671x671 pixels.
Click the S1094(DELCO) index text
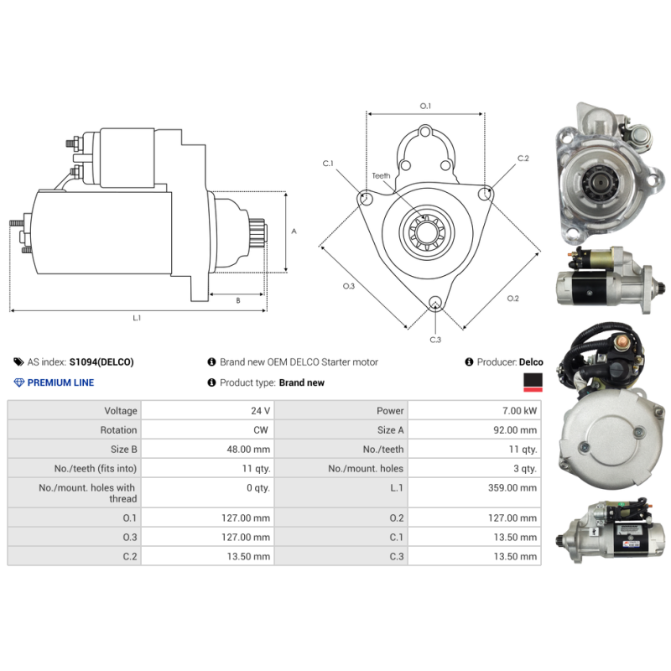[101, 362]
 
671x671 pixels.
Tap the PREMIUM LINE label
[60, 382]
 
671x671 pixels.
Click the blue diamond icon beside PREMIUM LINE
[19, 382]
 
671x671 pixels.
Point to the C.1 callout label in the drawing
[328, 163]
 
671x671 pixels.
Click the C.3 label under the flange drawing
[435, 340]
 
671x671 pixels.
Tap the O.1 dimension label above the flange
[425, 106]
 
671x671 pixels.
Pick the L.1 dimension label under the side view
[137, 319]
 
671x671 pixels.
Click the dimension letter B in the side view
[237, 299]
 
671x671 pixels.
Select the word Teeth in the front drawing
[382, 176]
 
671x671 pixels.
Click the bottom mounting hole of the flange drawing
[434, 304]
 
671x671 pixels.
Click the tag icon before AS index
[18, 362]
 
